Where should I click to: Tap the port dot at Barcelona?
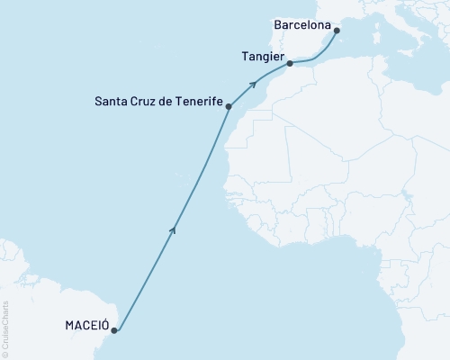(x=337, y=31)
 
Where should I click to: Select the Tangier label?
(x=263, y=56)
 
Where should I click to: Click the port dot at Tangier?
(x=289, y=64)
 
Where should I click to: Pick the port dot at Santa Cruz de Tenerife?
(x=229, y=107)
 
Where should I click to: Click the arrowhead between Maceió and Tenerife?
(x=173, y=230)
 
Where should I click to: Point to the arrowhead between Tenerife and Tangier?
(x=256, y=84)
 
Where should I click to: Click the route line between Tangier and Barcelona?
(x=315, y=58)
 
